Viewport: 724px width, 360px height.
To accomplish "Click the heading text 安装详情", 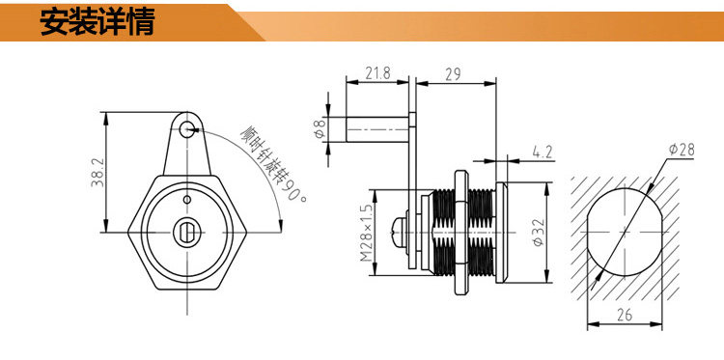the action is tap(97, 21).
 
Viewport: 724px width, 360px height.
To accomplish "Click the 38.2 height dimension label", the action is tap(97, 172).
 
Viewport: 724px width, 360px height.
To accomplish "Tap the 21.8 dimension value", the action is tap(377, 73).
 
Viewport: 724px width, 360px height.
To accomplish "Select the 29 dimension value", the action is tap(453, 74).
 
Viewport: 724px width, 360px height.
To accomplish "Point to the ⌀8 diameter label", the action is tap(320, 129).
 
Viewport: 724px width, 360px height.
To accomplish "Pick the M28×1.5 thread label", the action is tap(366, 233).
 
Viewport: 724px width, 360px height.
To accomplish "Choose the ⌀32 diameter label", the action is tap(539, 233).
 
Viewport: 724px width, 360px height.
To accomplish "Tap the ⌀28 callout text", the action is tap(682, 150).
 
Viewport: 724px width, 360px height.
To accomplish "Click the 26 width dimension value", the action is tap(624, 315).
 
